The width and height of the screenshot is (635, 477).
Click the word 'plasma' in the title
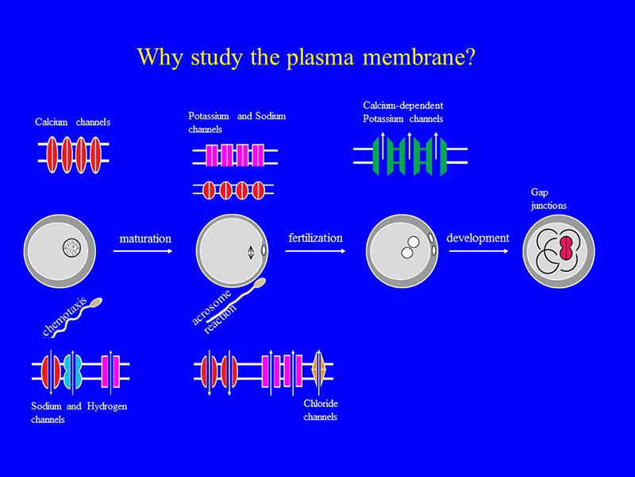tap(320, 57)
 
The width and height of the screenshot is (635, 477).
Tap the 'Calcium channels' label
tap(72, 122)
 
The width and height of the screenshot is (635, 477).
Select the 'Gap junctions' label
tap(548, 199)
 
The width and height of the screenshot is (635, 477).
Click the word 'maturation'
tap(145, 238)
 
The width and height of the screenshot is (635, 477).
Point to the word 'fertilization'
tap(315, 238)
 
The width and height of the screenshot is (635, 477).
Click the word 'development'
tap(478, 238)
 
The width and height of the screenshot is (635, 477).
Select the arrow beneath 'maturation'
tap(143, 251)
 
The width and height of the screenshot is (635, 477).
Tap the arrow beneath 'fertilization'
tap(315, 251)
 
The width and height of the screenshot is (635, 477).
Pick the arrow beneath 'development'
tap(479, 251)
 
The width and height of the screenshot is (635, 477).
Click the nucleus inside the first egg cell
tap(71, 247)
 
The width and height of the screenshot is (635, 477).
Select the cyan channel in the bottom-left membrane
tap(73, 370)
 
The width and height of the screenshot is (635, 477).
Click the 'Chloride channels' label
tap(321, 410)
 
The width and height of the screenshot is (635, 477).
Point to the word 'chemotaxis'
tap(65, 317)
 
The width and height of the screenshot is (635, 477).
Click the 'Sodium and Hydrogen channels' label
tap(79, 413)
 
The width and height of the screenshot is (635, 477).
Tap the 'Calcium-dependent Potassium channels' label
tap(403, 112)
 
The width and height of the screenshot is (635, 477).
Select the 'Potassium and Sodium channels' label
tap(237, 122)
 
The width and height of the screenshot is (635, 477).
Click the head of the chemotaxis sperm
tap(96, 302)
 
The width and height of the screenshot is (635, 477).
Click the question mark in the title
tap(469, 56)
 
